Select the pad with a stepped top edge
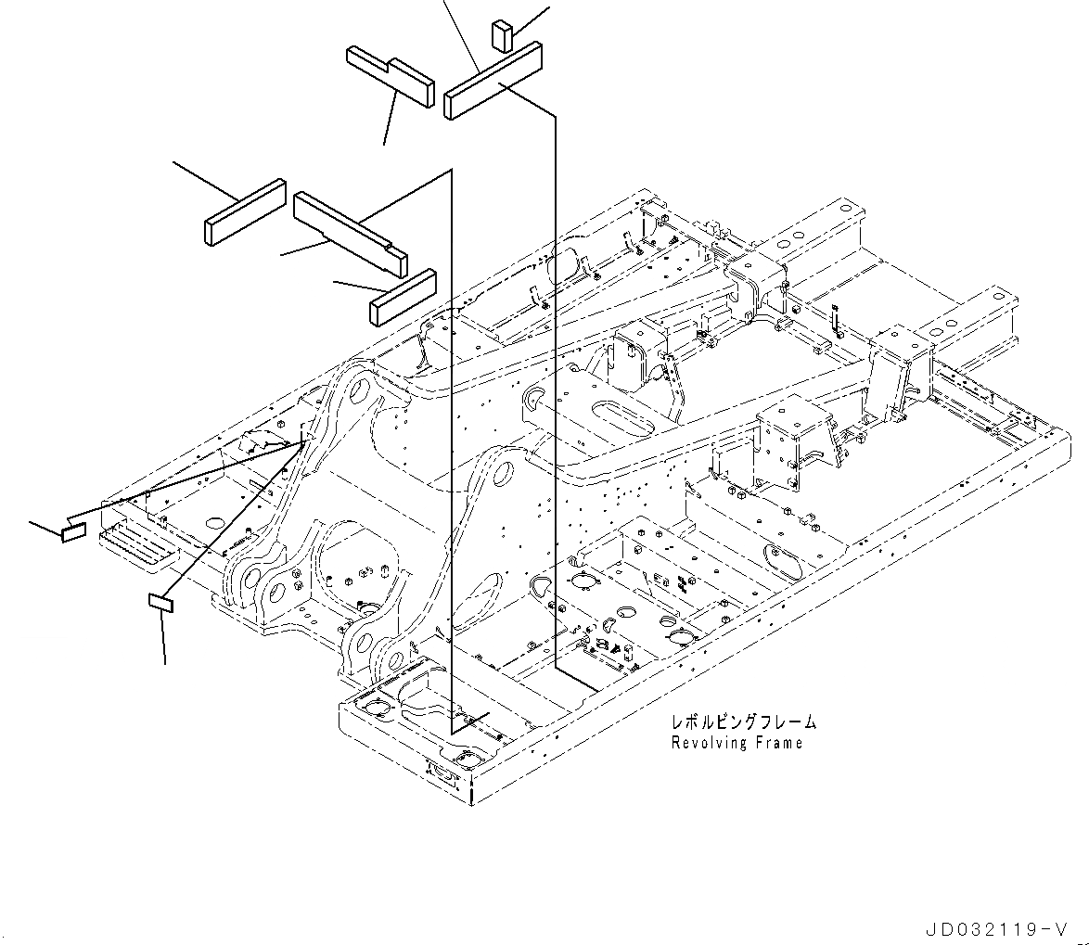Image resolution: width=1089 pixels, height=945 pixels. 390,77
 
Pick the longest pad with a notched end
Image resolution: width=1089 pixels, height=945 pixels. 349,231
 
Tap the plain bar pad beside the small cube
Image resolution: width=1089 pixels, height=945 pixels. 493,83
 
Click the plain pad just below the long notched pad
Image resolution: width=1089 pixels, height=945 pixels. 404,297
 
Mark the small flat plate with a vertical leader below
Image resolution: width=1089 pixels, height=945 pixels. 161,604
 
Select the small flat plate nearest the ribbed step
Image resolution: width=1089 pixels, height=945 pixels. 73,532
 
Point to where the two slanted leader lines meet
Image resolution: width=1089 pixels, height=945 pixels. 304,443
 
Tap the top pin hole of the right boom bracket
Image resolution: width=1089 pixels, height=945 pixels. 502,474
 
